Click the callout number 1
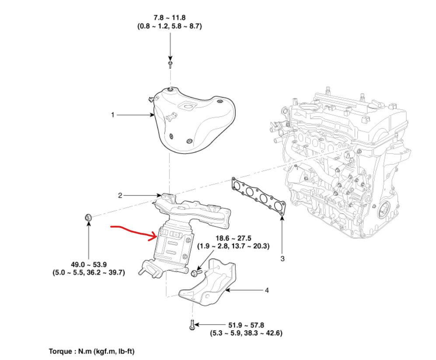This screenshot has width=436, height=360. (x=112, y=115)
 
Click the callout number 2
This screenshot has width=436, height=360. (x=120, y=195)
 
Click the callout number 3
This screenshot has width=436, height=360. (x=283, y=259)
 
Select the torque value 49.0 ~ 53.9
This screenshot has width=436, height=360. (x=88, y=264)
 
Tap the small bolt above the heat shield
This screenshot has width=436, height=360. (x=171, y=65)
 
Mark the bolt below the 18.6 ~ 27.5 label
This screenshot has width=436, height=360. (x=195, y=273)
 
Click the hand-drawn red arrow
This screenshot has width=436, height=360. (x=133, y=230)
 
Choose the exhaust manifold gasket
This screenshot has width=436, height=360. (x=258, y=195)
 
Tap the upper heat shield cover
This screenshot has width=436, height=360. (x=192, y=122)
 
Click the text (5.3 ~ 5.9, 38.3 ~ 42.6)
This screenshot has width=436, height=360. (x=246, y=333)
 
